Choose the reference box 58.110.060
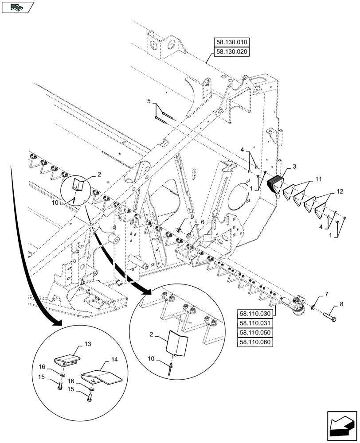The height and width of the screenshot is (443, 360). pos(256,342)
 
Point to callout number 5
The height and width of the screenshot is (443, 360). pos(149,102)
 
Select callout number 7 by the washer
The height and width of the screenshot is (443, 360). pos(326,294)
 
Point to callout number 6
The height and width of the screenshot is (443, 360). pos(203,222)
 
